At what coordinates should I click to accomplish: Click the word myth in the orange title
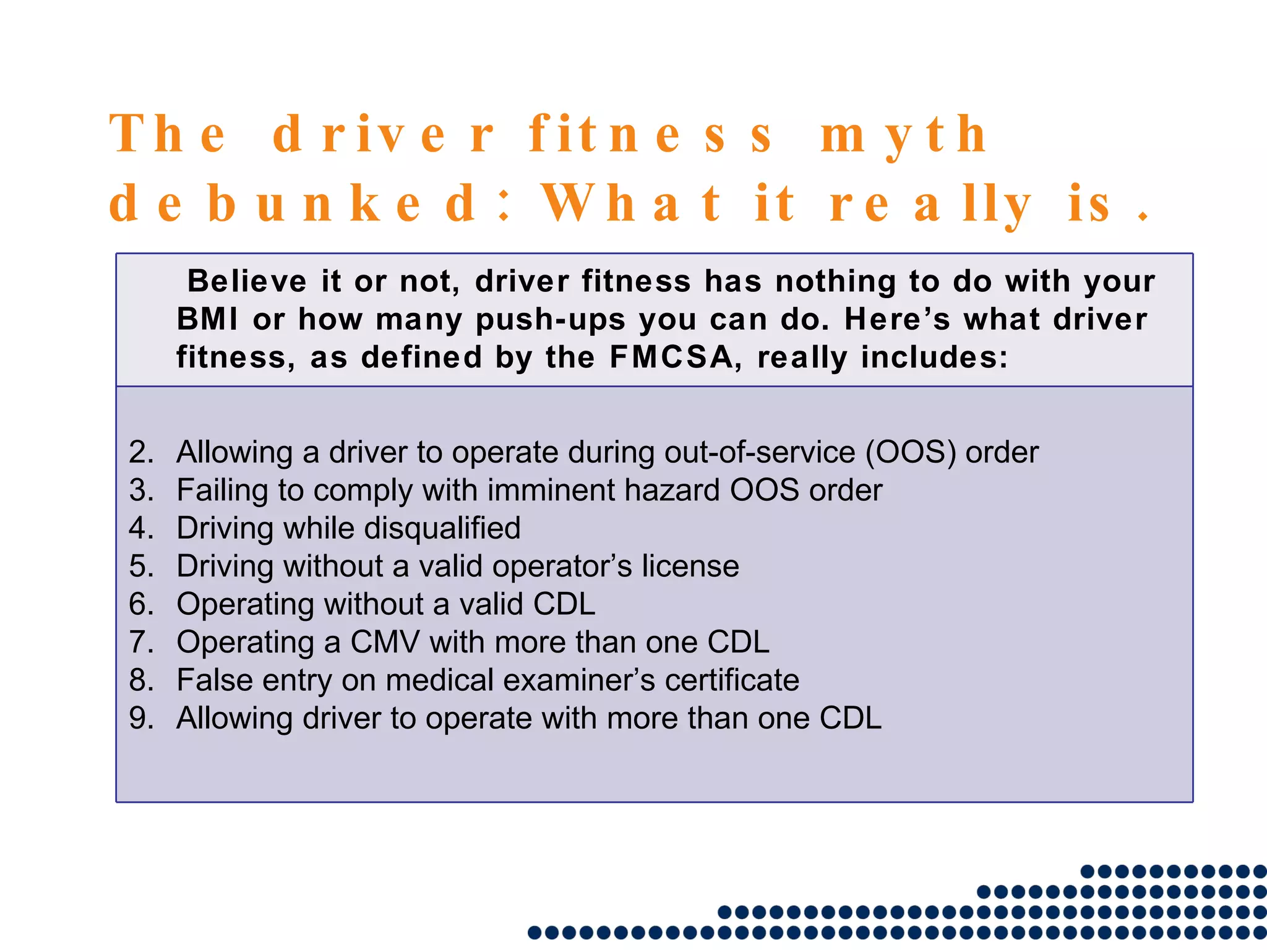(903, 135)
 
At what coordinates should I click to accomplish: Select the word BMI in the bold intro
(207, 320)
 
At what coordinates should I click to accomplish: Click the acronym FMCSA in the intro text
(671, 357)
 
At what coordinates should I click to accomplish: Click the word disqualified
(442, 528)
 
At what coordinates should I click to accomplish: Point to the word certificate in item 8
(732, 680)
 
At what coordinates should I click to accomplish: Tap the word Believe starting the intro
(247, 281)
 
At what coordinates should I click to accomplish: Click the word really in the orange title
(930, 203)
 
